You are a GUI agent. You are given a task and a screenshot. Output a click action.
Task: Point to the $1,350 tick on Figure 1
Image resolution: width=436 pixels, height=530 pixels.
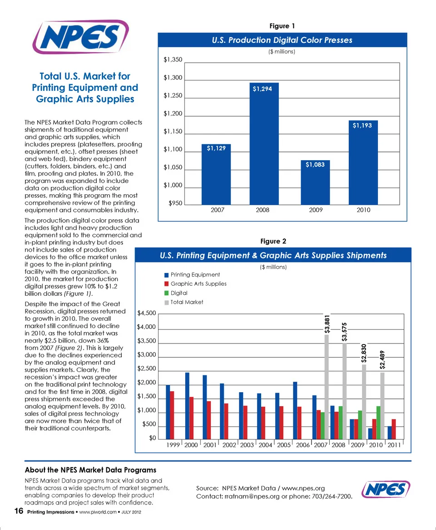(x=173, y=60)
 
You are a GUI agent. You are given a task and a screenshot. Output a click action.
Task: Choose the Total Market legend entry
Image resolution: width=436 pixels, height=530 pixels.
(x=187, y=302)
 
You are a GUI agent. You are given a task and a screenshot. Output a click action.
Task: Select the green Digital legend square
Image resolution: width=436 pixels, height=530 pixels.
(x=166, y=293)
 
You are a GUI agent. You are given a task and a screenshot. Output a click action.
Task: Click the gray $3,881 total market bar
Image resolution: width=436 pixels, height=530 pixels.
(x=327, y=387)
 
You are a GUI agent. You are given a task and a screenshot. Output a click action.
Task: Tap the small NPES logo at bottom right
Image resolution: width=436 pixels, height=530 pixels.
(x=386, y=490)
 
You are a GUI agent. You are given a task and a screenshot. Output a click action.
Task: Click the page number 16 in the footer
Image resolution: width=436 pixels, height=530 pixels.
(x=18, y=512)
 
